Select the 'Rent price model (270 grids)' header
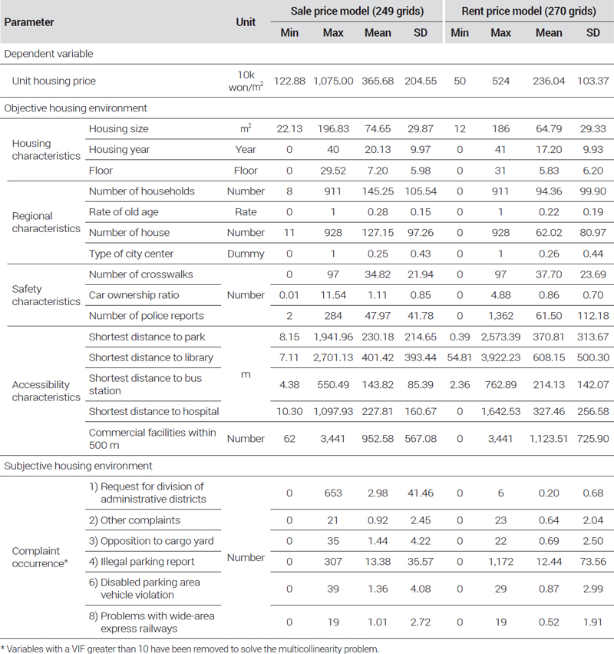[x=529, y=11]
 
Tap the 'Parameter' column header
[x=29, y=22]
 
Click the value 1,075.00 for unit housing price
[x=333, y=81]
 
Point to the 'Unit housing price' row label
[x=54, y=81]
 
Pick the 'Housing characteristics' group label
[x=46, y=149]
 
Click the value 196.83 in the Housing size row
[x=333, y=129]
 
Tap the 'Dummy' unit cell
[x=246, y=254]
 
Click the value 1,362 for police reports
[x=500, y=316]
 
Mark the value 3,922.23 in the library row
[x=500, y=357]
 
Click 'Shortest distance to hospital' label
[x=153, y=411]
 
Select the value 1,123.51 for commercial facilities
[x=549, y=439]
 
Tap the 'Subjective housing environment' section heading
[x=78, y=466]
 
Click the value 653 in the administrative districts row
[x=333, y=493]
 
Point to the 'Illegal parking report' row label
[x=142, y=562]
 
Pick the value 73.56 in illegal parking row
[x=593, y=562]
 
